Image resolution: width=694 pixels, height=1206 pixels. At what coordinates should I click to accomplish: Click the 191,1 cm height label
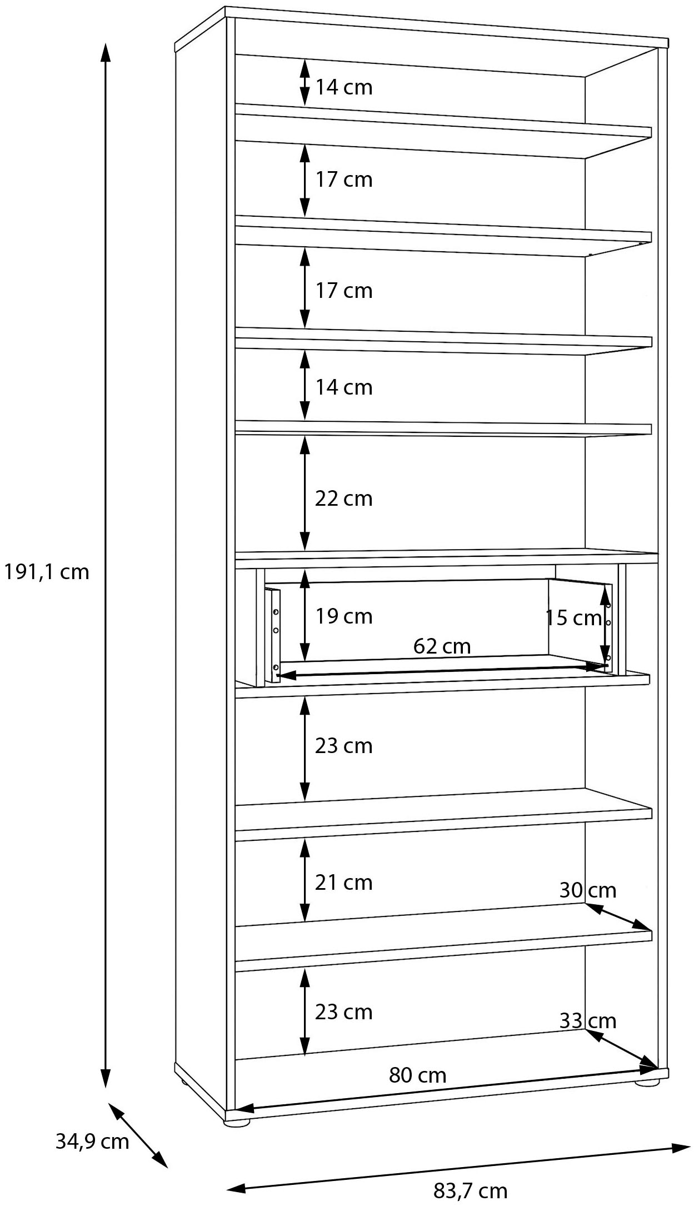coord(47,571)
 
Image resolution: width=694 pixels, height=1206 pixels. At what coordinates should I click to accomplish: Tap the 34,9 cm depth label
coord(92,1141)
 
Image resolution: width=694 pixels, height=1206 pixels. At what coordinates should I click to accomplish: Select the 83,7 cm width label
coord(470,1190)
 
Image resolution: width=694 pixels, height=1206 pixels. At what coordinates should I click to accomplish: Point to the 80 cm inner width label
coord(417,1075)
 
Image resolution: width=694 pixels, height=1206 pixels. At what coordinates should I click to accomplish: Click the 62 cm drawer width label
coord(442,646)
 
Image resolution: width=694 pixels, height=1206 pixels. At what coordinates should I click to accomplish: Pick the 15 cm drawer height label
coord(573,617)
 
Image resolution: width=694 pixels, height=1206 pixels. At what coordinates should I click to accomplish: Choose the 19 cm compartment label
coord(343,616)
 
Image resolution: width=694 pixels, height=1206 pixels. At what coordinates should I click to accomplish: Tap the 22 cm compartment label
coord(343,499)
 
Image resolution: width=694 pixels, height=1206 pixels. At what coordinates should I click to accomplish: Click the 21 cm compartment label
coord(343,882)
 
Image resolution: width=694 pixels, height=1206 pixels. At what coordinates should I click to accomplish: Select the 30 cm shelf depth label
coord(587,890)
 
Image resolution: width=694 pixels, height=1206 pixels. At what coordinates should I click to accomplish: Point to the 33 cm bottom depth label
coord(587,1020)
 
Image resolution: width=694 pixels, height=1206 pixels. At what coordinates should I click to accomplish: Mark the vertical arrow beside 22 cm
coord(304,494)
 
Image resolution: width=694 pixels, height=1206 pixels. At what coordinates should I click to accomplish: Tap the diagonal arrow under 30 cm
coord(618,916)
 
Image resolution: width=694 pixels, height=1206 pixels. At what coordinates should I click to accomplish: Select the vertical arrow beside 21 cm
coord(304,880)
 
